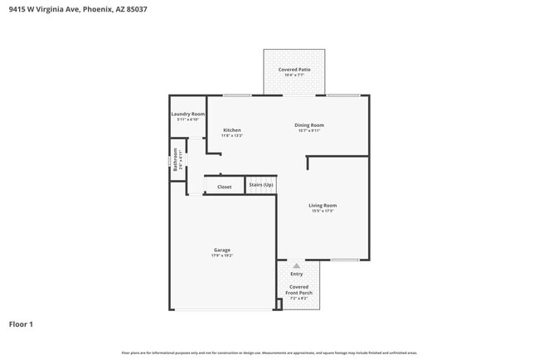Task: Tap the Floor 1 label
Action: [x=21, y=324]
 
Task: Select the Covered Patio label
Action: [x=294, y=69]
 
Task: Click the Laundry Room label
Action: [x=187, y=114]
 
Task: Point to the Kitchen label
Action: [x=232, y=130]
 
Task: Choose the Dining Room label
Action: [x=308, y=125]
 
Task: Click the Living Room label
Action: [x=323, y=205]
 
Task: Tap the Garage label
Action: [x=221, y=250]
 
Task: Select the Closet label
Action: [x=225, y=187]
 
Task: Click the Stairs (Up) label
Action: [x=261, y=184]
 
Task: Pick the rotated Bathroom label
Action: [x=176, y=157]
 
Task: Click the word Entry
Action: [x=296, y=274]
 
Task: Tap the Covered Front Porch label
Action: [x=299, y=289]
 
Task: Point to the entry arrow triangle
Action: [x=297, y=265]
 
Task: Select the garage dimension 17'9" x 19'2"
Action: [x=221, y=255]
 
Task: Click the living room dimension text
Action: [x=323, y=211]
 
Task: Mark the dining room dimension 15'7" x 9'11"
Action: [x=308, y=130]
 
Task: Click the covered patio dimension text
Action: [x=294, y=75]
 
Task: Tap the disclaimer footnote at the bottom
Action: [x=269, y=353]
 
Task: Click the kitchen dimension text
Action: [x=232, y=135]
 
